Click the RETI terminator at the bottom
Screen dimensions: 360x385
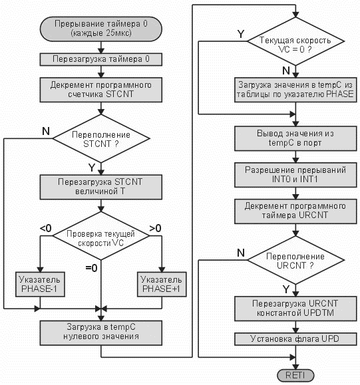point(295,376)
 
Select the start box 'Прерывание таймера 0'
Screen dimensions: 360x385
point(101,29)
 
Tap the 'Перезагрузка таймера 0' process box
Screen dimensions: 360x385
point(101,59)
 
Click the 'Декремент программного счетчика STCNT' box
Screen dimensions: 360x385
point(101,90)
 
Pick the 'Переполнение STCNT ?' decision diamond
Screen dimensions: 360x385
point(101,138)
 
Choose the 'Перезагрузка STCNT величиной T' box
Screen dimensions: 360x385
point(101,187)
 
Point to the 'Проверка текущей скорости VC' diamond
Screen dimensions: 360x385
point(101,235)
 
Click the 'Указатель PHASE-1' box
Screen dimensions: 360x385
point(40,284)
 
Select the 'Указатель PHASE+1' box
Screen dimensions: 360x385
point(162,284)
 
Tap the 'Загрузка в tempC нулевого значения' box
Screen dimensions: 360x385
point(101,332)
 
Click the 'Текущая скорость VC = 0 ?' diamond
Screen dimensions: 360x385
point(295,41)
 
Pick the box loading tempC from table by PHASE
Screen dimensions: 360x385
point(295,90)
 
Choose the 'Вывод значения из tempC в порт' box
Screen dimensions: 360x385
point(295,138)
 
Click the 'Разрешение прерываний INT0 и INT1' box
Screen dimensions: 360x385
point(295,175)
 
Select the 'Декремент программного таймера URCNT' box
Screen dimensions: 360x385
point(295,211)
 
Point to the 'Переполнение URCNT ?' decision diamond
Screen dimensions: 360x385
point(295,260)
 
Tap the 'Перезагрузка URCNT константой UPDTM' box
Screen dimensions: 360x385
point(295,309)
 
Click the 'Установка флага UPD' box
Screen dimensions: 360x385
point(295,339)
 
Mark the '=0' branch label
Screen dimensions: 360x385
point(91,268)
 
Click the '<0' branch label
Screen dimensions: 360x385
point(46,228)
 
